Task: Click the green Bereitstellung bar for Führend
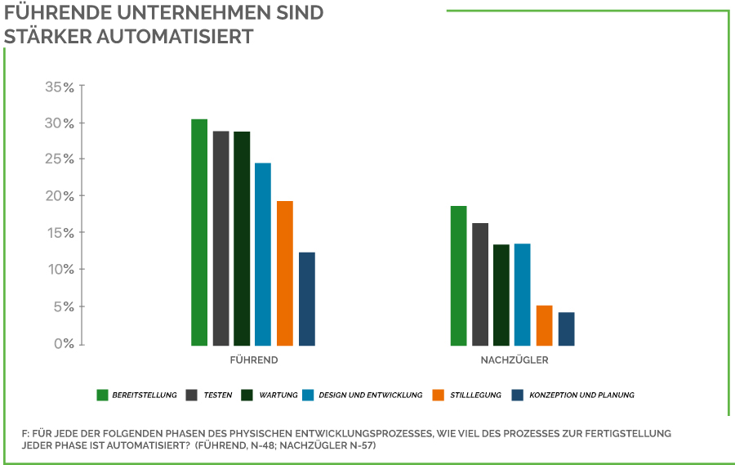tap(199, 232)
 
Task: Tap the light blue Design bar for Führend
tap(263, 254)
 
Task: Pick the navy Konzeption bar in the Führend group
tap(307, 299)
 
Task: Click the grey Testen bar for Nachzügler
tap(480, 284)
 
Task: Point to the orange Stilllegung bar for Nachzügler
tap(545, 325)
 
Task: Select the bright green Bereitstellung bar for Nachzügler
tap(458, 275)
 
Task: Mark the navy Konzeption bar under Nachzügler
tap(567, 329)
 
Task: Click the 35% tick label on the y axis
tap(59, 87)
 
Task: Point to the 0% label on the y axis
tap(64, 344)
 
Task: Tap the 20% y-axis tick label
tap(59, 196)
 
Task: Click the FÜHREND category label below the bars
tap(254, 360)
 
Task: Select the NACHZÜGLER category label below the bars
tap(514, 360)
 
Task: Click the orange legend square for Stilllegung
tap(439, 396)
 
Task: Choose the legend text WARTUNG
tap(278, 396)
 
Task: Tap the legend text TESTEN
tap(217, 396)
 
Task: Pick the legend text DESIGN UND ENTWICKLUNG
tap(370, 396)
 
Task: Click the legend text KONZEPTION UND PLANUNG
tap(581, 396)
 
